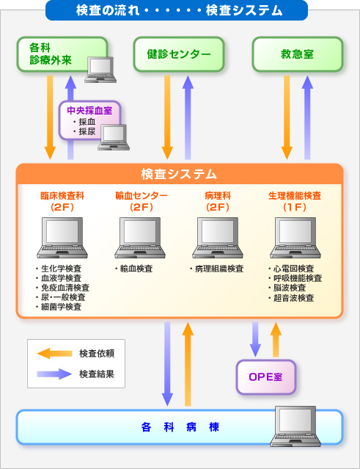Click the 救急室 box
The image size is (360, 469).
(298, 54)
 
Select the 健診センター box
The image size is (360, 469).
(179, 54)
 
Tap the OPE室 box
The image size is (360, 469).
(266, 377)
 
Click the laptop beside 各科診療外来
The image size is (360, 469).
(100, 70)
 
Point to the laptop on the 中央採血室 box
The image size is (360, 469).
(114, 137)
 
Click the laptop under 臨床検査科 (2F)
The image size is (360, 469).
(62, 238)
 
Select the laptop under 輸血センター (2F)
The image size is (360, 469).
(140, 238)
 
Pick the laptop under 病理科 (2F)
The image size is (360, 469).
(218, 238)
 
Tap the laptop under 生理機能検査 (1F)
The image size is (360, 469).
(295, 238)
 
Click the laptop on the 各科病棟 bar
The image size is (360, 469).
(295, 426)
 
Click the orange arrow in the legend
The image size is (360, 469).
(54, 354)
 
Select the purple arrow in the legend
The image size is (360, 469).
(54, 374)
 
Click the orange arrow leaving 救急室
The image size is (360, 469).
(287, 117)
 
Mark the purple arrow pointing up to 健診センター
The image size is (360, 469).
(188, 117)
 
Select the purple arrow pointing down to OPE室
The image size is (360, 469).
(255, 340)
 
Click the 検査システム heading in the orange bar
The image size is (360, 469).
(179, 174)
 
